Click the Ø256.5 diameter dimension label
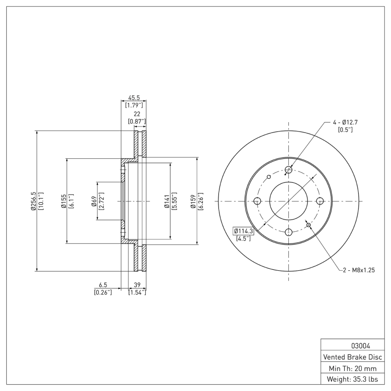33,201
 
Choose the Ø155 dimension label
64,201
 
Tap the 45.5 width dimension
133,98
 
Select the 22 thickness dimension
137,114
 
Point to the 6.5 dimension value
103,285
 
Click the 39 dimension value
137,285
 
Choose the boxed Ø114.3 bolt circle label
243,231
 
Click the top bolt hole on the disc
288,170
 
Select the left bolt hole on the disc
257,201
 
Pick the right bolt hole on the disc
320,201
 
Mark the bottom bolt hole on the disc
288,232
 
